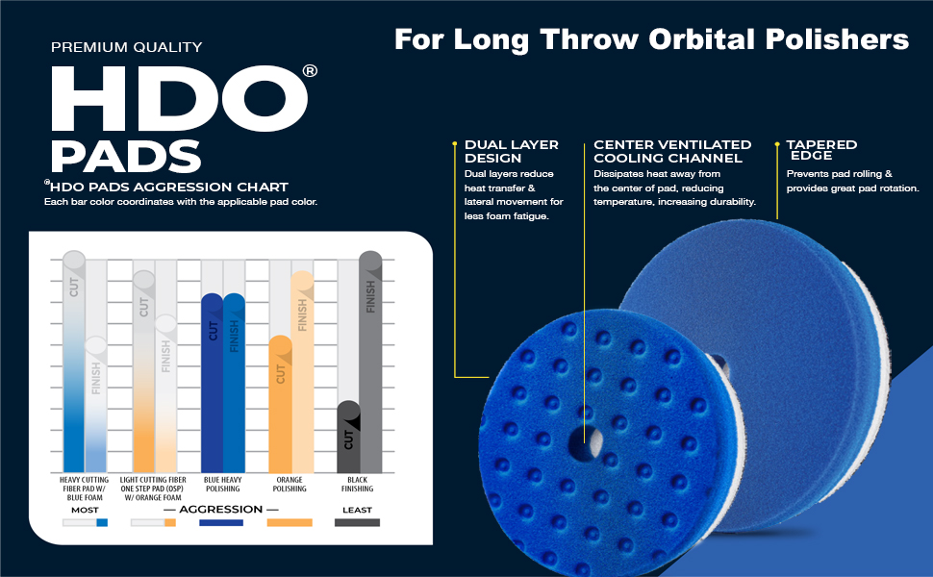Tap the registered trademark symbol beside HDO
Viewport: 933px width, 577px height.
[309, 71]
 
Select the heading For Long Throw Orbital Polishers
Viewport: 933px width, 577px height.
[651, 39]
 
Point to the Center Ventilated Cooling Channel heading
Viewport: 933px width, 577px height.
[668, 151]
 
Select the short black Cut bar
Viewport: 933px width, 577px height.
[348, 437]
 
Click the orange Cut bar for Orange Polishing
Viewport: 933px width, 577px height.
[280, 404]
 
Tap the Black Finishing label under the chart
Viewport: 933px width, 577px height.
[357, 484]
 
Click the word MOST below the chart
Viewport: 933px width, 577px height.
[85, 510]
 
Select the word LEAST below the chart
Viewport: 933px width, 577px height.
[357, 510]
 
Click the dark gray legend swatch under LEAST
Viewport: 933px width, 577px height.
[357, 523]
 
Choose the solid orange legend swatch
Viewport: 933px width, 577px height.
[290, 523]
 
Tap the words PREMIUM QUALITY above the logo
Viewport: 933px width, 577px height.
[126, 46]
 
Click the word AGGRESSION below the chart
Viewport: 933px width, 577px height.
[221, 509]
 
